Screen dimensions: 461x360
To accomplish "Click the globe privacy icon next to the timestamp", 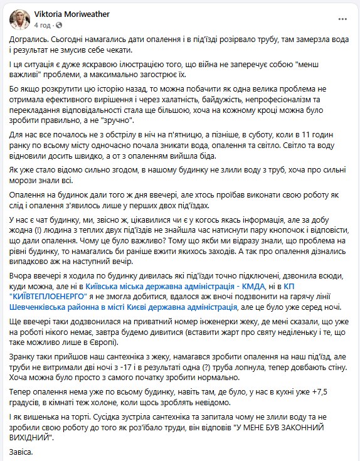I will (x=60, y=25).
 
